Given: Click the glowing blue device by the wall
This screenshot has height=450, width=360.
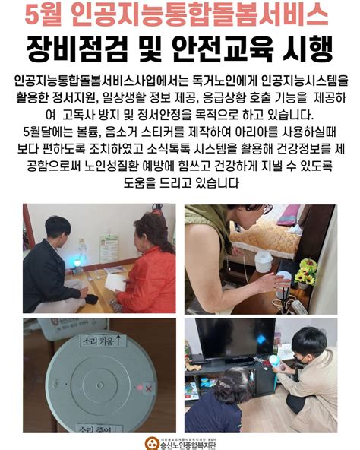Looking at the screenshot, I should [x=76, y=263].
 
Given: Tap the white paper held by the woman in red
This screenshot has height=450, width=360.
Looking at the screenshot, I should [x=115, y=281].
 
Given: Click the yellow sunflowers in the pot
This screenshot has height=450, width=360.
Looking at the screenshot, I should [x=306, y=268].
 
